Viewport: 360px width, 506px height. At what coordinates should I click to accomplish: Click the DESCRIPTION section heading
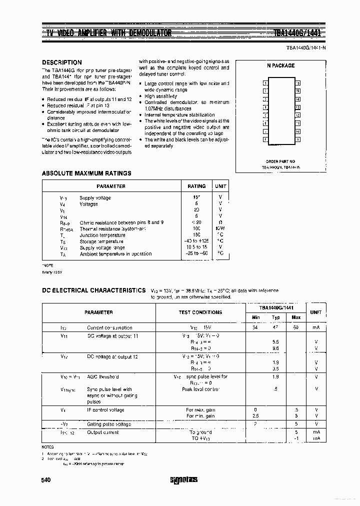coord(62,62)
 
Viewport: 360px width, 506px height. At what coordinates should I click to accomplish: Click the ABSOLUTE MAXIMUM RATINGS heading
coord(86,173)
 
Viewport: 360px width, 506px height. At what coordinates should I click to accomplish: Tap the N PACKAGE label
coord(280,65)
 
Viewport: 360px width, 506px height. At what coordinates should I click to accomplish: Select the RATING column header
coord(196,186)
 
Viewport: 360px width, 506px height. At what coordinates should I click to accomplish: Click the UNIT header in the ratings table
coord(220,186)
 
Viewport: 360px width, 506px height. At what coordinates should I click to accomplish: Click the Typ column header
coord(275,317)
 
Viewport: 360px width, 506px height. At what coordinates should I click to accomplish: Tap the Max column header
coord(296,317)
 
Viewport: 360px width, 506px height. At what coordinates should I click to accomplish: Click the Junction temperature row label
coord(102,235)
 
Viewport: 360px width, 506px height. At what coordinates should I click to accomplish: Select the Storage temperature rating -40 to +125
coord(196,241)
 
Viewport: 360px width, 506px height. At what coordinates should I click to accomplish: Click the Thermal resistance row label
coord(112,229)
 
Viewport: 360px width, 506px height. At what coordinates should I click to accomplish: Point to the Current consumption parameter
coord(109,327)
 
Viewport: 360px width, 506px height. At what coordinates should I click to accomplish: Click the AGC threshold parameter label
coord(102,377)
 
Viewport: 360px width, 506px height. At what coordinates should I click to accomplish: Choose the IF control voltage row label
coord(105,409)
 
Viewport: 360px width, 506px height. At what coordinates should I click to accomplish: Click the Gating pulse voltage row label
coord(109,424)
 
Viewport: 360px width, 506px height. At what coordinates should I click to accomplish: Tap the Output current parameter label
coord(103,432)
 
